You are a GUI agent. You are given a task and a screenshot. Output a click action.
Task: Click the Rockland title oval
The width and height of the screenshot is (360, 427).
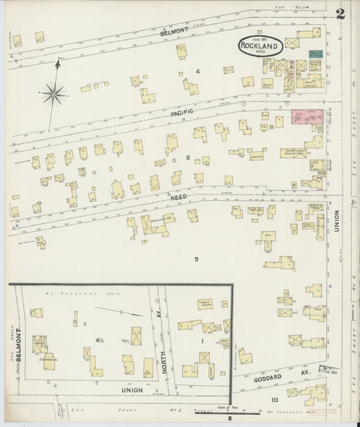click(x=260, y=46)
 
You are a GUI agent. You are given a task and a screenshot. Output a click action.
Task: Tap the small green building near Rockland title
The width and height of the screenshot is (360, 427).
click(x=315, y=53)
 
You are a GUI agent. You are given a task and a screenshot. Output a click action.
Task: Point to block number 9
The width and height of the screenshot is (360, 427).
click(x=196, y=259)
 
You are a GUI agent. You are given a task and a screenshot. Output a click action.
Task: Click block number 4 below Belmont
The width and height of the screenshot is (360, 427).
click(x=198, y=71)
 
